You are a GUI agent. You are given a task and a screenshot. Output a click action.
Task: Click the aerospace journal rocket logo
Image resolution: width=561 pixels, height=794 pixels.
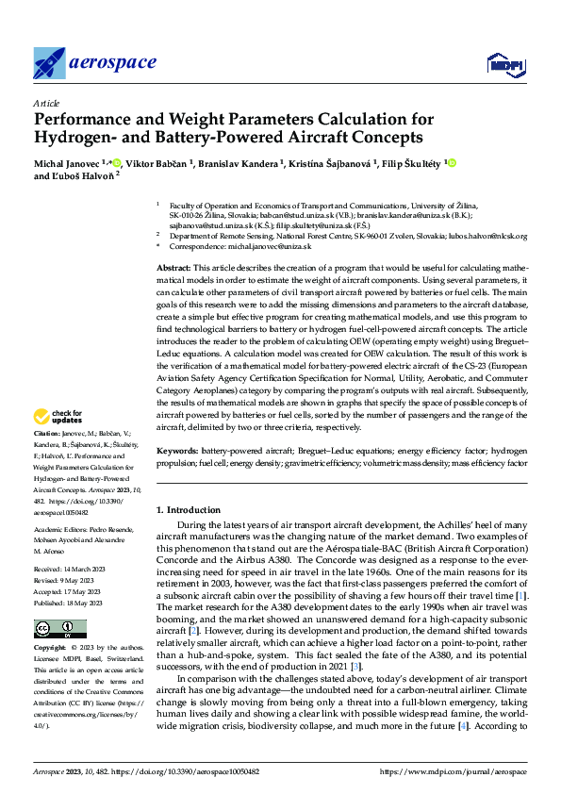pyautogui.click(x=50, y=63)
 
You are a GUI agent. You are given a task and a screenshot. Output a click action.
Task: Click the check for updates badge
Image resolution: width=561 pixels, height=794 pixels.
pyautogui.click(x=58, y=417)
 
